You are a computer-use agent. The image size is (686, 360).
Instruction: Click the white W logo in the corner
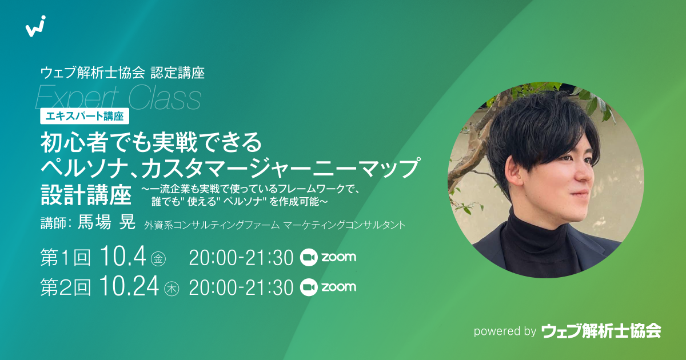[35, 26]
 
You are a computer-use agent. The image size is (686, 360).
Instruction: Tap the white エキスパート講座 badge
[85, 117]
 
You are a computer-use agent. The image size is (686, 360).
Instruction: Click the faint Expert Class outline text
[118, 98]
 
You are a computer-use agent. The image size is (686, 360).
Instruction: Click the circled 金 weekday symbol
[158, 259]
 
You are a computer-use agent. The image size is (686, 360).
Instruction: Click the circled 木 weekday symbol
[171, 289]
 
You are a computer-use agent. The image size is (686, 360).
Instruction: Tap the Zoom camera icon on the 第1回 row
[308, 258]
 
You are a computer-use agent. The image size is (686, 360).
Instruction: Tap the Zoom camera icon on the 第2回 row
[308, 287]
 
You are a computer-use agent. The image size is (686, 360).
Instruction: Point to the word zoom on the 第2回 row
[338, 287]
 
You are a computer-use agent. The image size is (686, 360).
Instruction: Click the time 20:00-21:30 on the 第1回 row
[241, 258]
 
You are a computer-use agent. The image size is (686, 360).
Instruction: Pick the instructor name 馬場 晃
[106, 222]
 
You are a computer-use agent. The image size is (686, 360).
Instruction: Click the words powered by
[505, 331]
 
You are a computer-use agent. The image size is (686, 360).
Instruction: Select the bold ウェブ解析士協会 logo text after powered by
[601, 331]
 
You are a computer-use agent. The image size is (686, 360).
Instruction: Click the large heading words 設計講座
[86, 194]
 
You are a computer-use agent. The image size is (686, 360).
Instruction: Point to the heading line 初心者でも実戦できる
[151, 142]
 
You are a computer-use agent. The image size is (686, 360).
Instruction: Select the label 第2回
[66, 287]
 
